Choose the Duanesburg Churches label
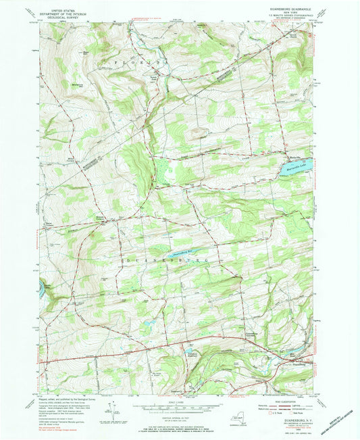tap(250, 333)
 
